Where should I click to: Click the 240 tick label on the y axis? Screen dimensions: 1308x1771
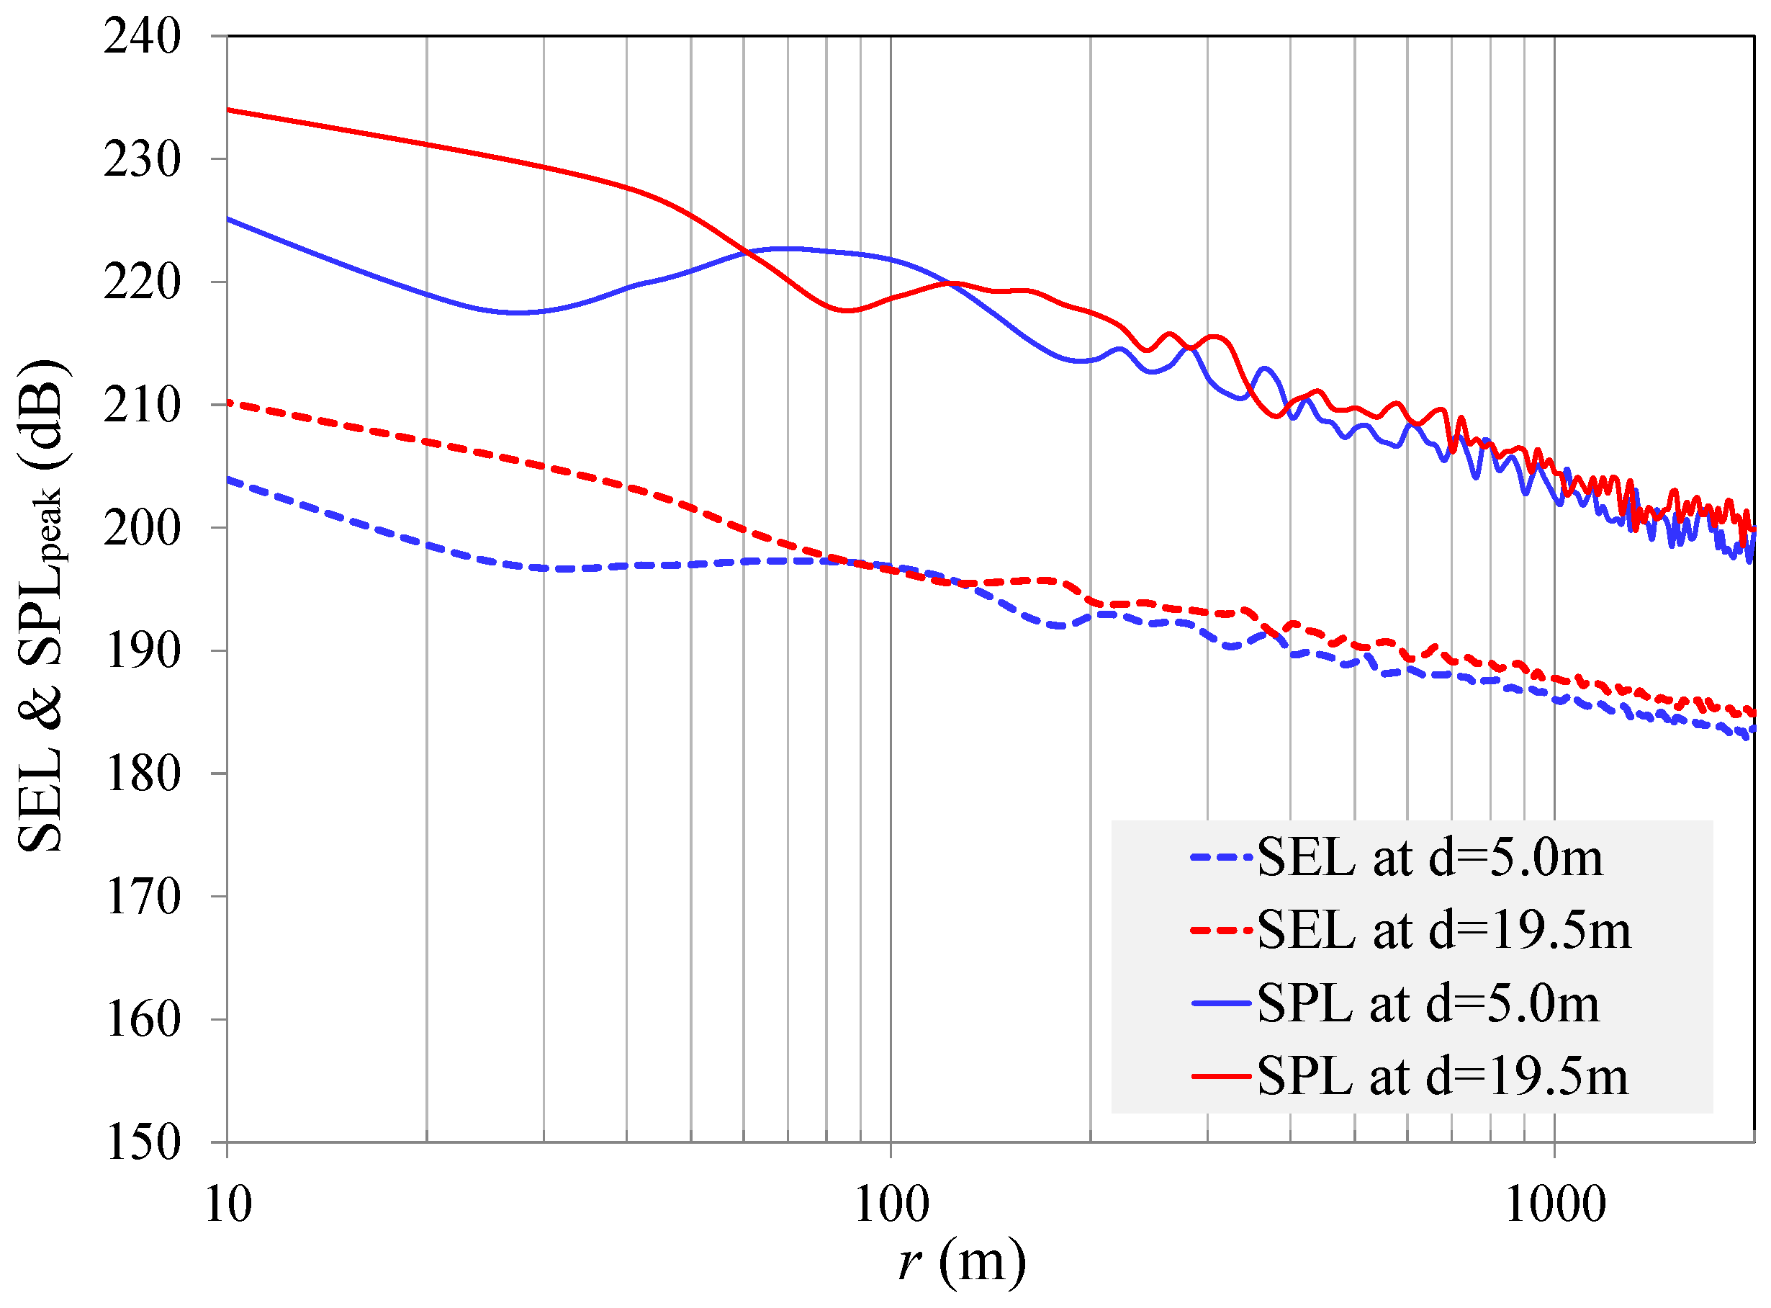[142, 37]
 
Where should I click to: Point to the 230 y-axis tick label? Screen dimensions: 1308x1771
[142, 160]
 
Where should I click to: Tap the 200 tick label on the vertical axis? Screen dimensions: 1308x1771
[142, 528]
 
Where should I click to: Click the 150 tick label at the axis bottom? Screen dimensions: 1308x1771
[142, 1142]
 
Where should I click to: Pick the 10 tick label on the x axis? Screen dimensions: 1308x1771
[228, 1204]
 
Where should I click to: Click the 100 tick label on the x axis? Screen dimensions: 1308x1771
[892, 1204]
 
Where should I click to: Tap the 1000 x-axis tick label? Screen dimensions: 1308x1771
[1554, 1204]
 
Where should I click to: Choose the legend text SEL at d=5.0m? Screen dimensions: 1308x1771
[1429, 858]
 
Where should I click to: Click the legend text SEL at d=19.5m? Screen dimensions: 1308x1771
[1443, 931]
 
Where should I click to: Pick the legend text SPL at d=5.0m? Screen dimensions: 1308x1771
[1428, 1004]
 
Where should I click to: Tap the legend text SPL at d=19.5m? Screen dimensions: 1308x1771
[1442, 1077]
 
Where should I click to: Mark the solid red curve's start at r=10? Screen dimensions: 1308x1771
[229, 110]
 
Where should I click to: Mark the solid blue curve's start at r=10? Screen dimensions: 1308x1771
[229, 218]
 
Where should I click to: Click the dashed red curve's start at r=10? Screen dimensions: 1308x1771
[229, 403]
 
